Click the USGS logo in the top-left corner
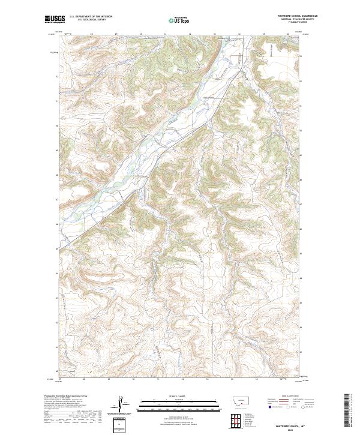coord(54,20)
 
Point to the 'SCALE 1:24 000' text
coord(173,395)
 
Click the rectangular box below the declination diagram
coord(121,424)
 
